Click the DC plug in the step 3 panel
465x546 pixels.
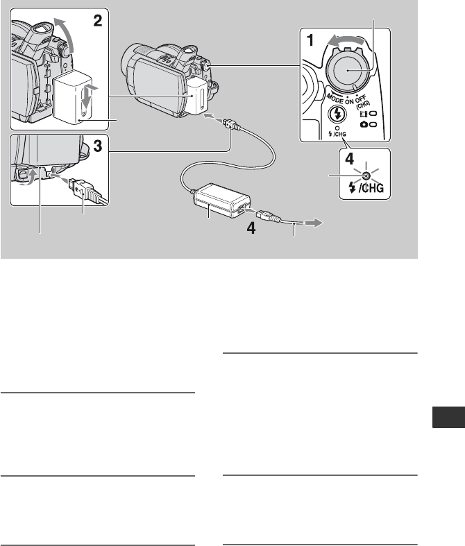(81, 189)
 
